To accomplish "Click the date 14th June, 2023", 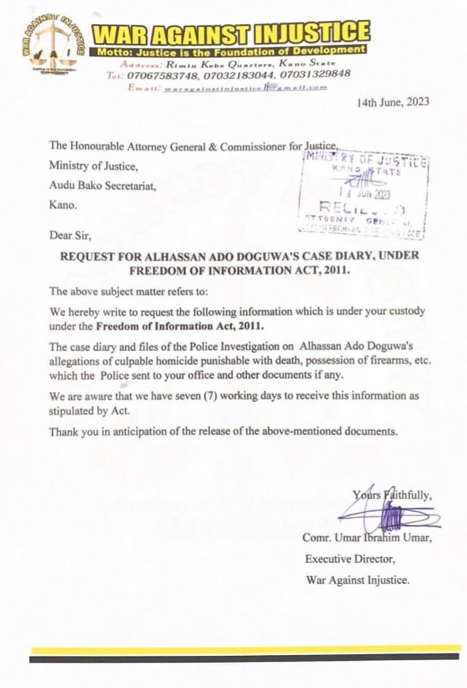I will pyautogui.click(x=393, y=102).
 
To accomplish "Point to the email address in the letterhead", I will pyautogui.click(x=245, y=87).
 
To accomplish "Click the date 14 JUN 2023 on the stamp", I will pyautogui.click(x=362, y=194).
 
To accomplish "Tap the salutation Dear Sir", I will pyautogui.click(x=72, y=235).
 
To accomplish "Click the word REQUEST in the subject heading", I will pyautogui.click(x=91, y=257).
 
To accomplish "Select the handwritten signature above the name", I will pyautogui.click(x=392, y=519).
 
